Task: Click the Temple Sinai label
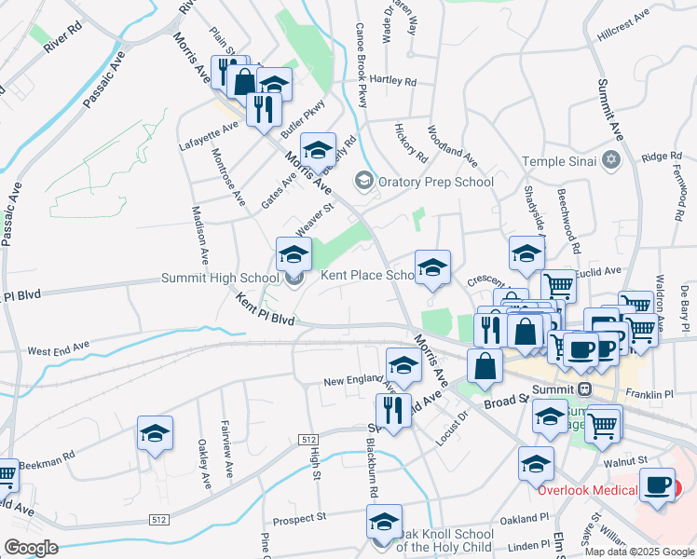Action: coord(558,161)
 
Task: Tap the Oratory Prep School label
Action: coord(435,182)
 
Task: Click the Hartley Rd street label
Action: coord(392,80)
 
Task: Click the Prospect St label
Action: coord(296,515)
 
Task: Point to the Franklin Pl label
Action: coord(649,395)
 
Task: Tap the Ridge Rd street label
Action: coord(663,157)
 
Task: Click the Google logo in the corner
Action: coord(30,548)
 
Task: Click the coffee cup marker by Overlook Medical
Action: coord(657,485)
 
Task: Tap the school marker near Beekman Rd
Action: coord(156,433)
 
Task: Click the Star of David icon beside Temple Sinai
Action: coord(611,161)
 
